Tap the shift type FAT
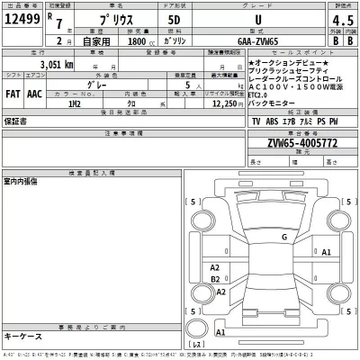click(14, 92)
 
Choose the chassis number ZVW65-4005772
click(290, 143)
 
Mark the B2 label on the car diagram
click(214, 279)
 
